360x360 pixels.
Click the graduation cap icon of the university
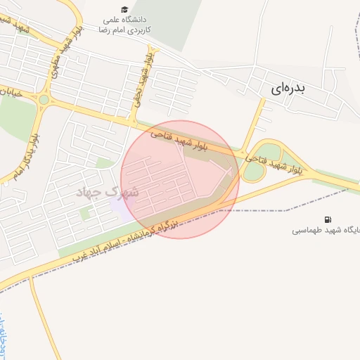[x=124, y=10]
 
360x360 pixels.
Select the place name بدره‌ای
[x=288, y=89]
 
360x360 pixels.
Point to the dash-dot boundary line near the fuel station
[x=281, y=210]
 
